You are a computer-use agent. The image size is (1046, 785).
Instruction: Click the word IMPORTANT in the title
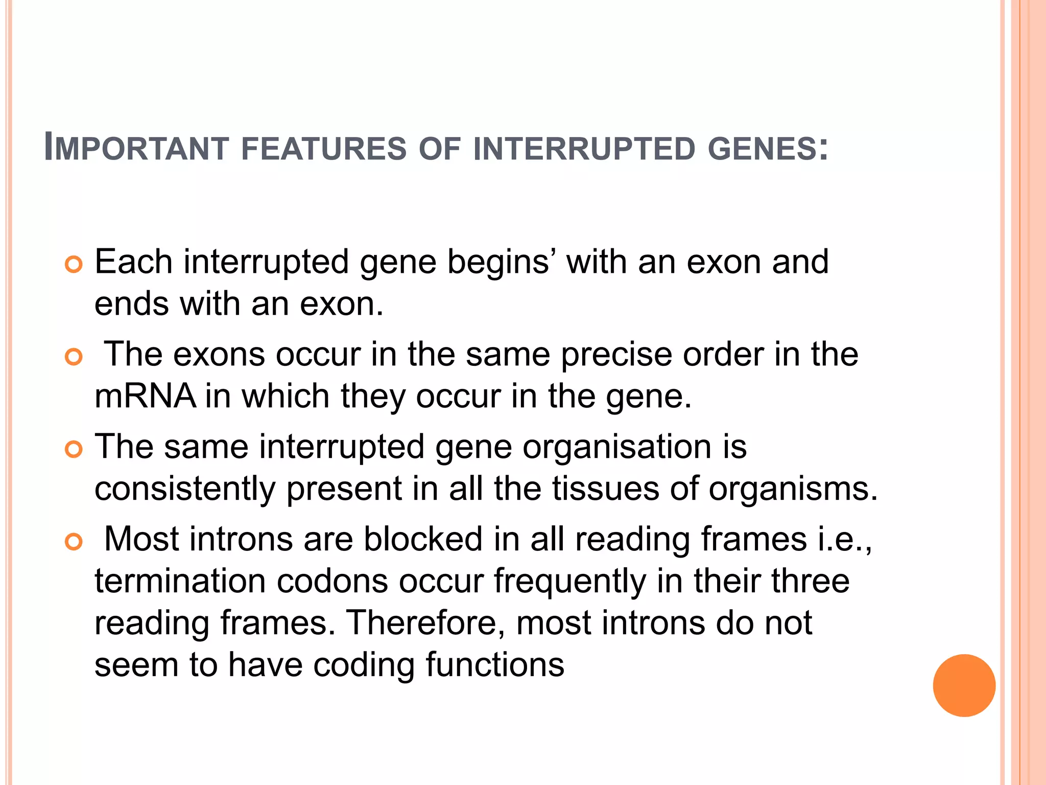click(136, 148)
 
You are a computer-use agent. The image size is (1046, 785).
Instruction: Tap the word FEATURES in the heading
click(323, 149)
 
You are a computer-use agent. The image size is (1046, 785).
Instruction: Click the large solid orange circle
click(964, 685)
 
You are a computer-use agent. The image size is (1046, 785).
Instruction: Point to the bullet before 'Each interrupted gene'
click(74, 265)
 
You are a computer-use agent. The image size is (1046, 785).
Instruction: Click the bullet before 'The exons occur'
click(74, 357)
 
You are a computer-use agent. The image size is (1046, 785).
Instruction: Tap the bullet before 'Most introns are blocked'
click(74, 542)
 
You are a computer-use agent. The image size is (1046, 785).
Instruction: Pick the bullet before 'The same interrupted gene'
click(74, 450)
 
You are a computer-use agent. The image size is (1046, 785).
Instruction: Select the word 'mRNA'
click(145, 396)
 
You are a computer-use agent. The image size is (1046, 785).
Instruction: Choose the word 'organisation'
click(616, 447)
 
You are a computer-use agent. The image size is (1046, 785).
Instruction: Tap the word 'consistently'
click(185, 489)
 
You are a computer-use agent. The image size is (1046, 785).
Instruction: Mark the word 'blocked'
click(423, 539)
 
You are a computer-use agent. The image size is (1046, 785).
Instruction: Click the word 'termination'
click(180, 582)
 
